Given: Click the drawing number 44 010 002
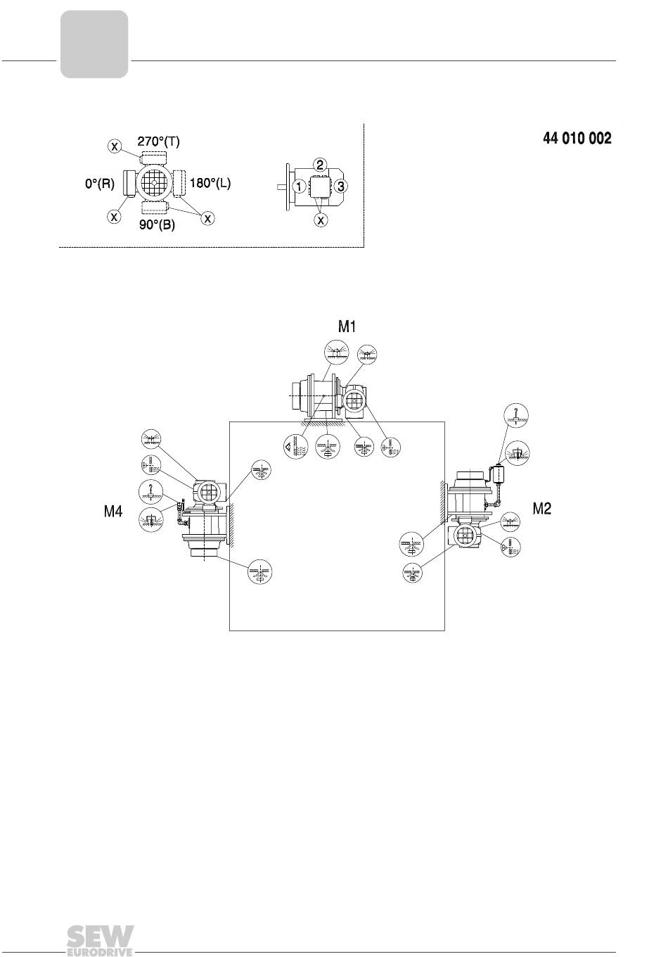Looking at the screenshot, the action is (x=577, y=138).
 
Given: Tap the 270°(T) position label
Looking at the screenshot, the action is (x=158, y=141).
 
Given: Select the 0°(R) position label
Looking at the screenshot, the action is (x=100, y=184).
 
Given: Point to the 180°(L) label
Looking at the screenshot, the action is (x=210, y=183).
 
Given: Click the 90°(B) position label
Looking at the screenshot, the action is (x=157, y=224).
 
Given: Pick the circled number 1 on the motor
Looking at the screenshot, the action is (x=300, y=186).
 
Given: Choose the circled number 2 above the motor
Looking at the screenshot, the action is (x=320, y=165).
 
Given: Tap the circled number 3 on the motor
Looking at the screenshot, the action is (x=340, y=186).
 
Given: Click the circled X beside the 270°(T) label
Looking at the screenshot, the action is (x=114, y=146).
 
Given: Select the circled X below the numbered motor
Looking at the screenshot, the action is (x=321, y=220).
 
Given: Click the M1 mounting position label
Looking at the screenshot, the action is (x=347, y=327).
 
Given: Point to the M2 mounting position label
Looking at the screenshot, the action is (x=541, y=508).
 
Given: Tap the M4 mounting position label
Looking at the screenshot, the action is (x=113, y=512).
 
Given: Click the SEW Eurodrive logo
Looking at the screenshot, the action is (x=101, y=939).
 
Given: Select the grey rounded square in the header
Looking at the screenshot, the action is (x=94, y=44).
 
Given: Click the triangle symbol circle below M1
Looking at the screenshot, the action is (x=295, y=448).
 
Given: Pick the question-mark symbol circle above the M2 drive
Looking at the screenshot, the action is (x=516, y=415).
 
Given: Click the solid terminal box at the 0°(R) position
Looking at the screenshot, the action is (x=129, y=184).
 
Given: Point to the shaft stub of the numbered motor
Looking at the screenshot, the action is (x=281, y=186).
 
